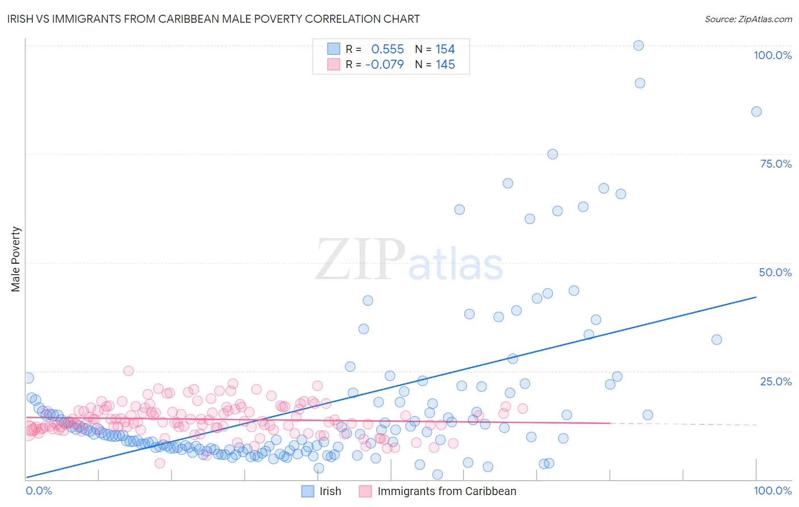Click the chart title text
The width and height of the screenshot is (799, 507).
(x=214, y=19)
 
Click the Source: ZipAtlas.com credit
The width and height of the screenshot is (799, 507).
(x=748, y=19)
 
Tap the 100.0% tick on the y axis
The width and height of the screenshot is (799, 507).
(x=772, y=55)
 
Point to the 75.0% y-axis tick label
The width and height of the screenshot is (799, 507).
(x=776, y=164)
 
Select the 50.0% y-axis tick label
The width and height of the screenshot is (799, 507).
(x=775, y=272)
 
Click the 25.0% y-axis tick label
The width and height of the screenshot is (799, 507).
(x=776, y=381)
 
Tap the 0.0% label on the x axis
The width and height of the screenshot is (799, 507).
(x=39, y=491)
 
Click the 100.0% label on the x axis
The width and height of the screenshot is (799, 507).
(x=772, y=491)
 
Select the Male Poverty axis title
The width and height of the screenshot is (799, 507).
(x=16, y=259)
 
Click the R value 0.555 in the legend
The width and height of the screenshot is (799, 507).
(x=387, y=49)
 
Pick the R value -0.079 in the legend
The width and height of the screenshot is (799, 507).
(x=384, y=65)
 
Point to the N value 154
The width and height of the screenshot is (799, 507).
(x=445, y=49)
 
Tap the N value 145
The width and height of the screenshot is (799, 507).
(x=445, y=65)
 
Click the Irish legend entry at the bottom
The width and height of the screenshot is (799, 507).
(x=330, y=491)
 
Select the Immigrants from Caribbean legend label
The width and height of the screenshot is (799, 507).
(x=447, y=491)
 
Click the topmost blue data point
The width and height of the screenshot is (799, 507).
(x=638, y=45)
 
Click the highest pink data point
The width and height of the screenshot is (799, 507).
(x=128, y=371)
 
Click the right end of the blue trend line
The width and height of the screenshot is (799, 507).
(x=756, y=297)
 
